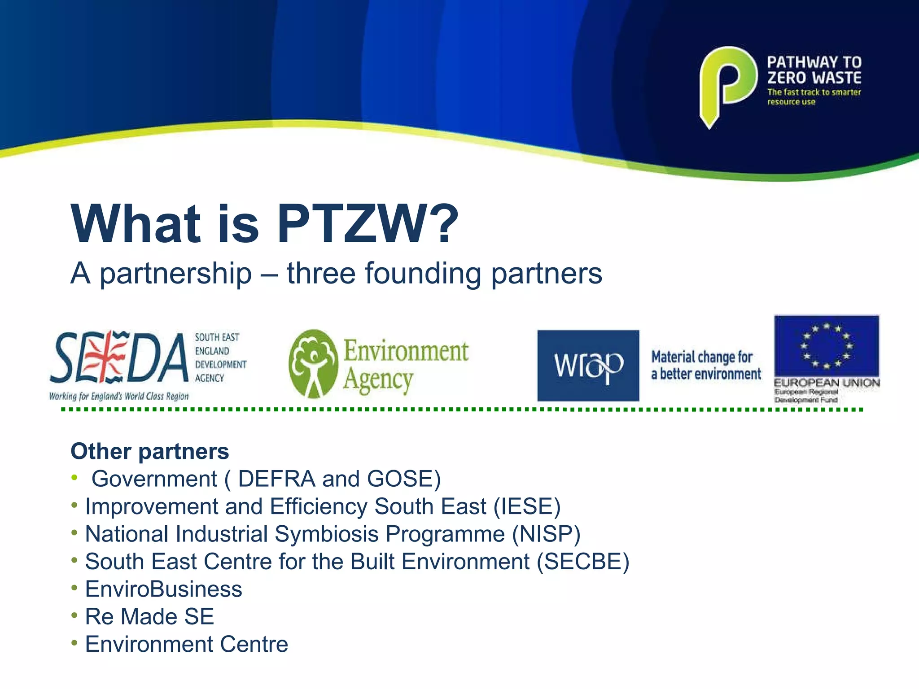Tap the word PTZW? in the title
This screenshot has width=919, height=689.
click(x=368, y=223)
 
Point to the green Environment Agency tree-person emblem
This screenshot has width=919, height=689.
click(x=313, y=364)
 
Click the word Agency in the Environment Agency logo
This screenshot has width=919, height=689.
click(x=378, y=380)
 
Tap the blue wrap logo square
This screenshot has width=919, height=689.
click(x=588, y=366)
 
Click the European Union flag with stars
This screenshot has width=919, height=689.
click(x=826, y=346)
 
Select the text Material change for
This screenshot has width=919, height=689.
click(x=702, y=357)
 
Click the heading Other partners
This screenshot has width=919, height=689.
click(x=150, y=451)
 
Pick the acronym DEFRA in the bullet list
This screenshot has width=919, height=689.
click(x=276, y=479)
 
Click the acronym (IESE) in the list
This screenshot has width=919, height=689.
click(x=527, y=506)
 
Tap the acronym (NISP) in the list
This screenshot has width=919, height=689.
click(x=547, y=534)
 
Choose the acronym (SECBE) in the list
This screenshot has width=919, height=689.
click(x=583, y=562)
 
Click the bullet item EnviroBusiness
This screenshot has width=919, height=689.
click(x=163, y=589)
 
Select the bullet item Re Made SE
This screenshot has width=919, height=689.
click(x=149, y=616)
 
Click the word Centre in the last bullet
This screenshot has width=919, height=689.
click(x=254, y=644)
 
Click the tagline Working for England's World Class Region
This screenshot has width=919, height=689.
click(x=119, y=396)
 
